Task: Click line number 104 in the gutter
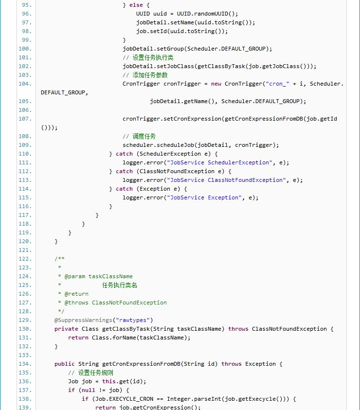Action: point(25,84)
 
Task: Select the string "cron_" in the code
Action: point(277,84)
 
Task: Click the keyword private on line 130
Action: point(66,329)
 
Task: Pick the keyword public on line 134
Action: point(65,364)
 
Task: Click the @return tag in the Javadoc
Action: point(76,294)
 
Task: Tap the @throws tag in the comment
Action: point(76,303)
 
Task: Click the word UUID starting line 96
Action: point(143,14)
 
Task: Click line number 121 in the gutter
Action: point(25,250)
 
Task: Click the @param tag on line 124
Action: point(75,276)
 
